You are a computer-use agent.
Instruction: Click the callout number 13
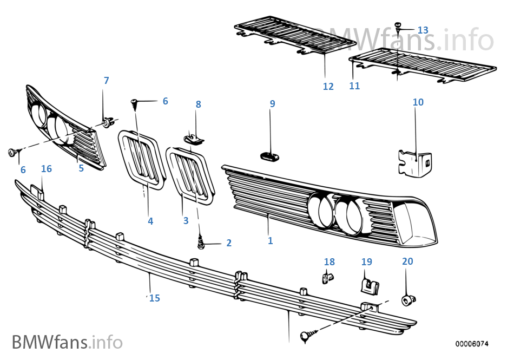(x=423, y=29)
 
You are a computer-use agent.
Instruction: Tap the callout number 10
(x=418, y=102)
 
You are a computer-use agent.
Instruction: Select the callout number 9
(x=273, y=103)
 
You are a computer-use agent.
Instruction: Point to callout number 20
(x=407, y=261)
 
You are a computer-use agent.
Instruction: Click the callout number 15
(x=155, y=298)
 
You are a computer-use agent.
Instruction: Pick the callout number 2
(x=229, y=243)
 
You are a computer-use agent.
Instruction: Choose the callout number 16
(x=47, y=169)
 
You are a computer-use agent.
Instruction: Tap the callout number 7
(x=107, y=81)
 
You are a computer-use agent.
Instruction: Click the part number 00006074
(x=472, y=344)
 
